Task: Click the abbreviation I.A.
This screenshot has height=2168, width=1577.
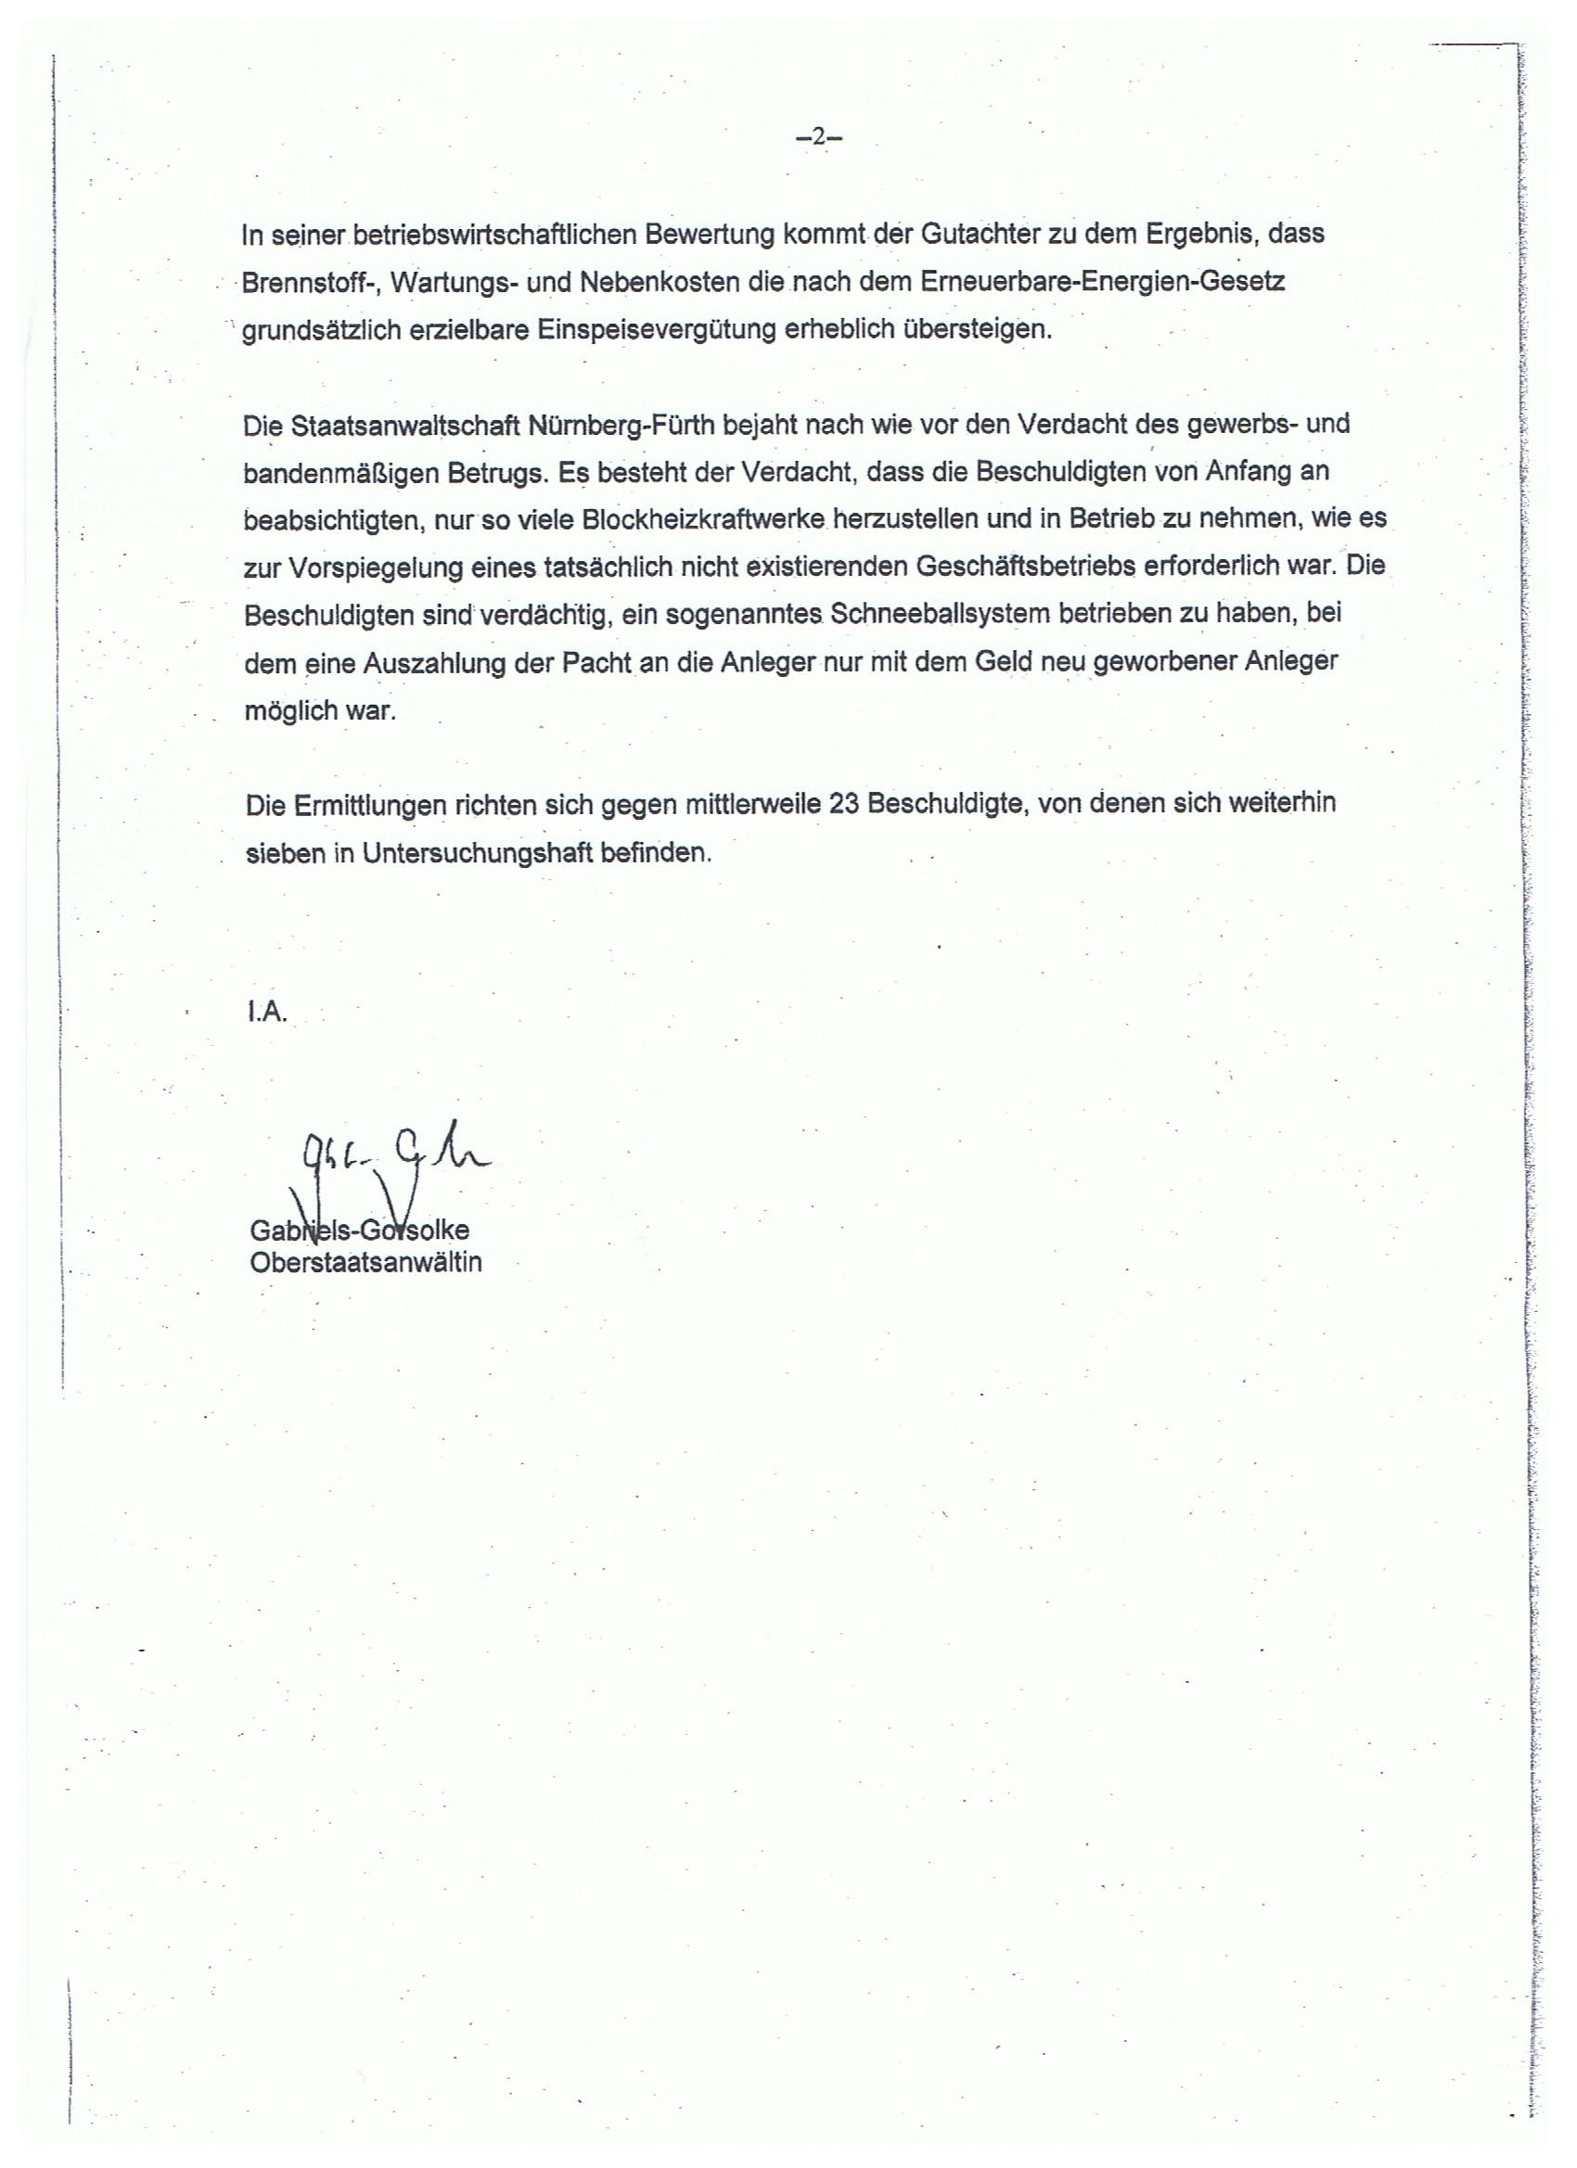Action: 267,1014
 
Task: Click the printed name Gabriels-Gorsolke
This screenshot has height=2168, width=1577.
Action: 359,1231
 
